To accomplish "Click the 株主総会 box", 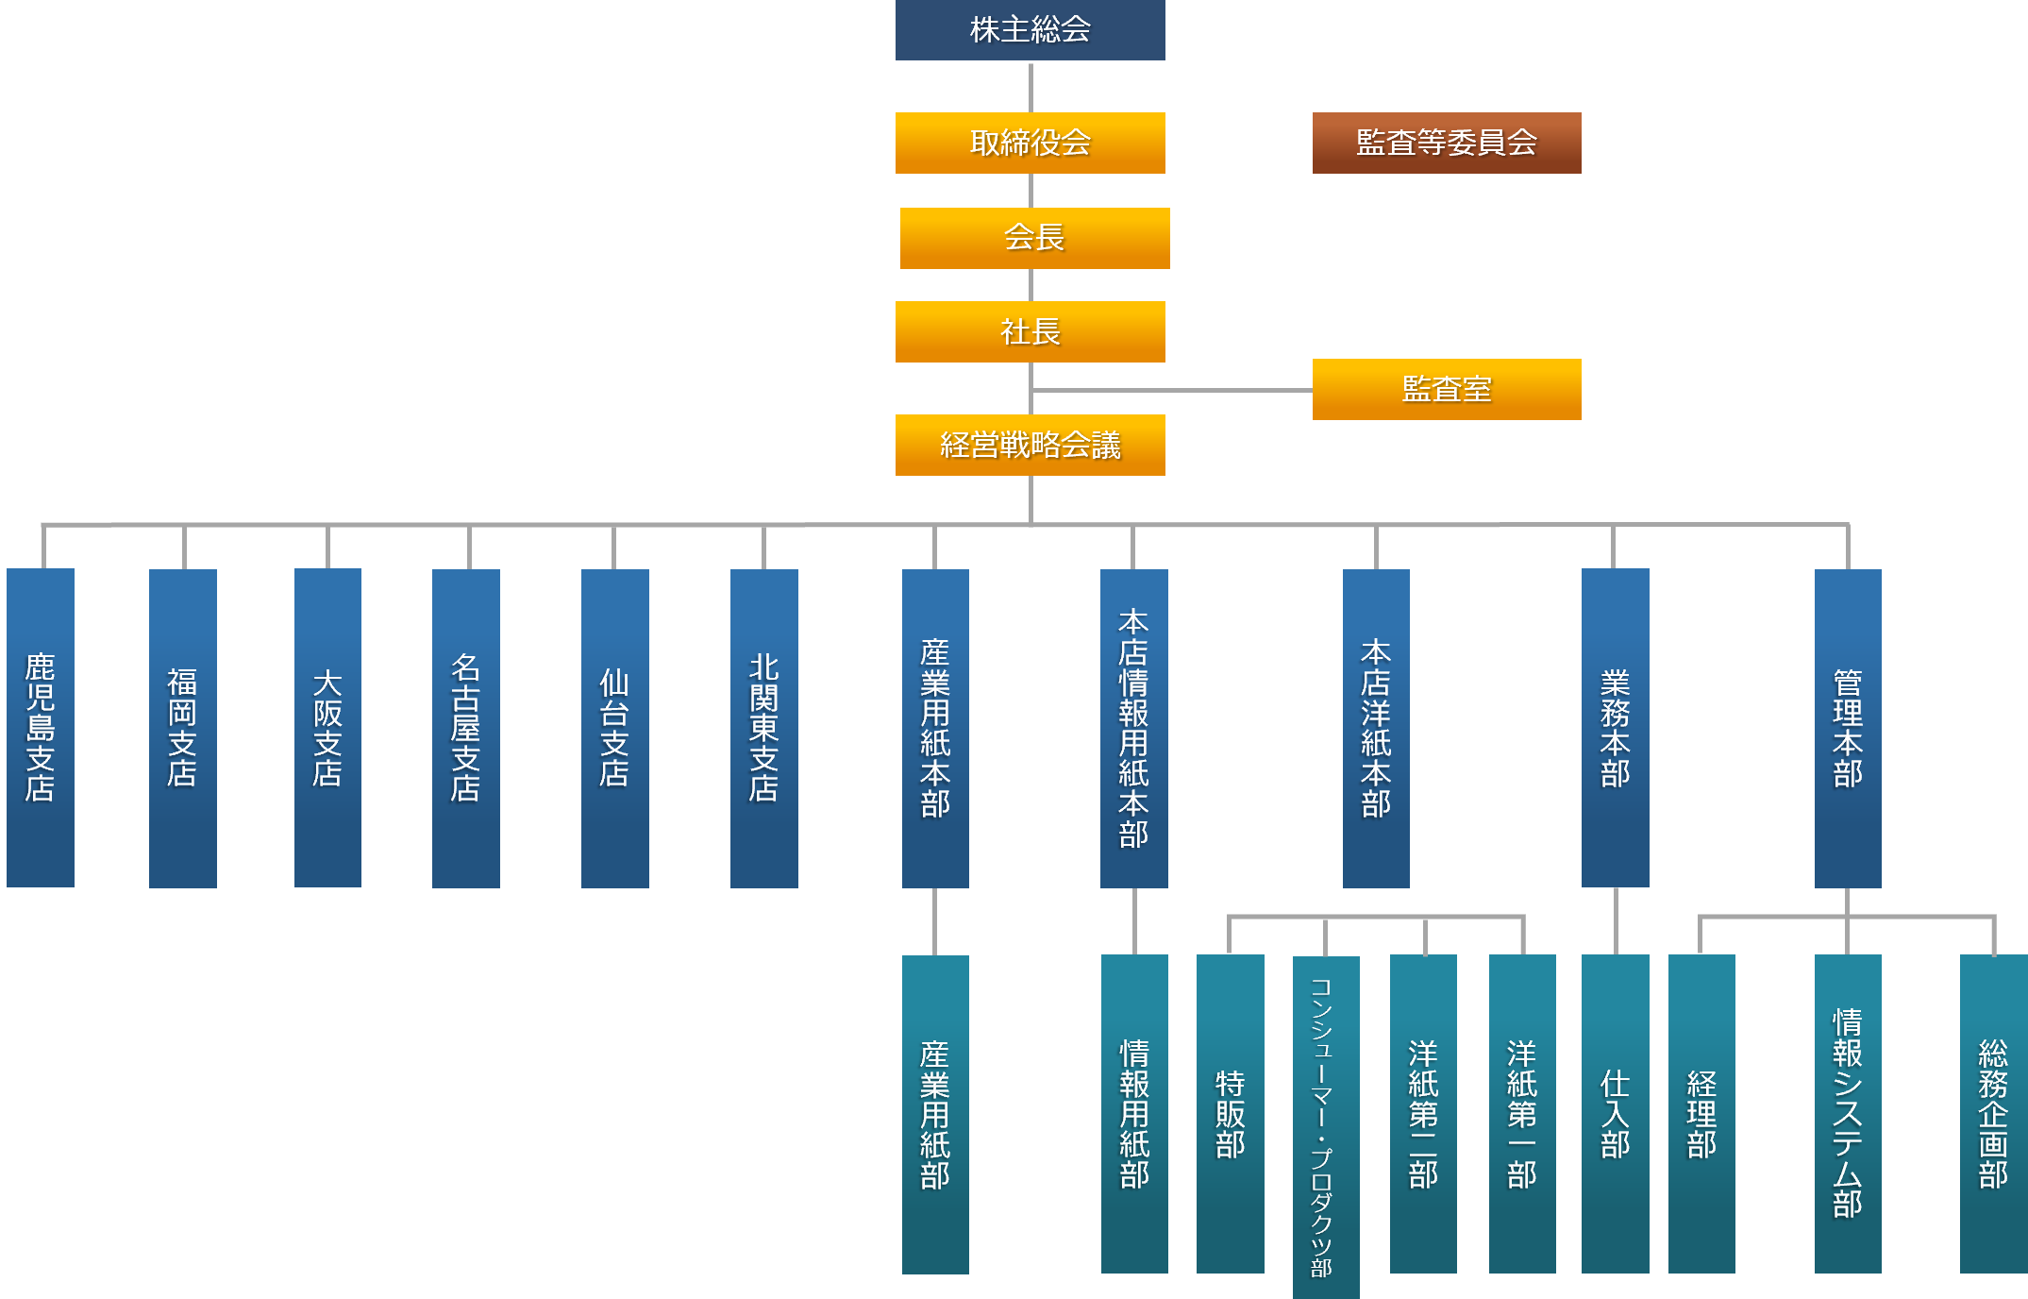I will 1030,30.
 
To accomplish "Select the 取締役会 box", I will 1030,143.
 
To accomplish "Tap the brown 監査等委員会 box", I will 1446,143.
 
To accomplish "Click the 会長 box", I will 1034,238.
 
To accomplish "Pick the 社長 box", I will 1030,331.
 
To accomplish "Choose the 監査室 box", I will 1446,389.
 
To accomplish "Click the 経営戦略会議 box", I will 1030,445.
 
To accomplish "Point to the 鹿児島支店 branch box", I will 41,727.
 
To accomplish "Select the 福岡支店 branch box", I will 182,727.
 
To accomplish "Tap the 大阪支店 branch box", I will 327,727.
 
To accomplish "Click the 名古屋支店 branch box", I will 465,727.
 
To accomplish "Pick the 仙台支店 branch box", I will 614,727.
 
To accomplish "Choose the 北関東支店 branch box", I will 763,727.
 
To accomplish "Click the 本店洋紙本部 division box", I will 1376,727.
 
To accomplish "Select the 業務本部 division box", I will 1615,727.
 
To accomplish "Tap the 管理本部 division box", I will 1847,727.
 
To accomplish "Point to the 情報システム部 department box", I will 1847,1114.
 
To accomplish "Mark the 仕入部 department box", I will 1615,1114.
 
